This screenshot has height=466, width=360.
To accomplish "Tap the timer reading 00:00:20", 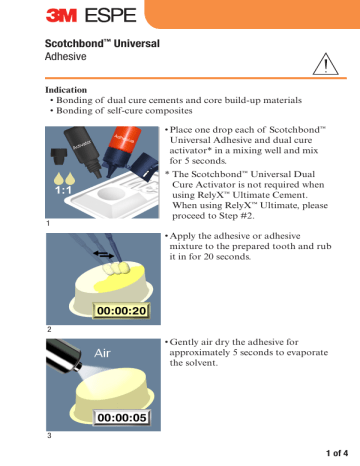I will point(123,311).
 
